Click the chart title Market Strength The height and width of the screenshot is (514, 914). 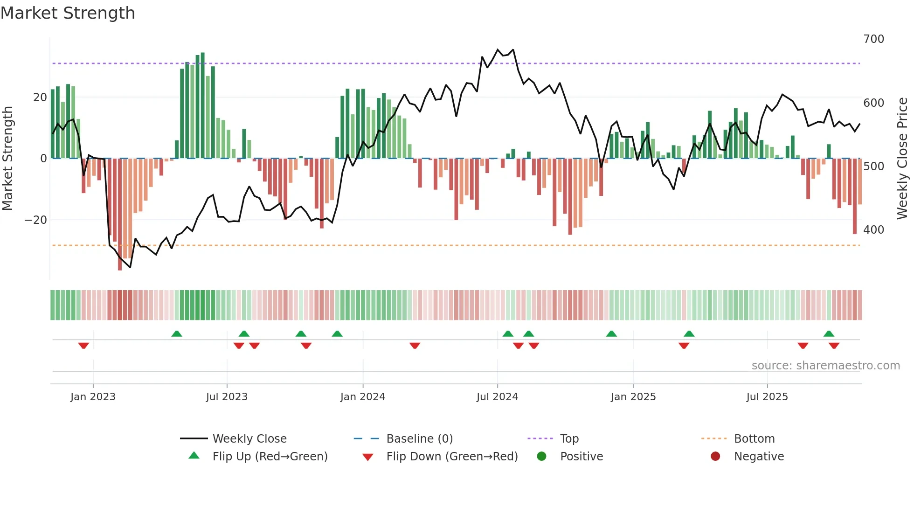[68, 13]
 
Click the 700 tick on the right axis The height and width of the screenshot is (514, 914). [873, 39]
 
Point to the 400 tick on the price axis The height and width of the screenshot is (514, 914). [873, 230]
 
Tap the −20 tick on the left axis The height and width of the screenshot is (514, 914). [36, 220]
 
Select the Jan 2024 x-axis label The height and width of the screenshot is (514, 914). [362, 397]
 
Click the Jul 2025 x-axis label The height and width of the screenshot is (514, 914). [767, 397]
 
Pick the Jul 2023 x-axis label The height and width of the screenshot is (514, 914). [227, 397]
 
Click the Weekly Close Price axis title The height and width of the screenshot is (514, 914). [902, 159]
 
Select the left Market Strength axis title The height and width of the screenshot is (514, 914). [8, 159]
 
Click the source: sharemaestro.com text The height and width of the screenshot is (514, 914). [825, 366]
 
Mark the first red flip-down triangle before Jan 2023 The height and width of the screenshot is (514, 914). [83, 346]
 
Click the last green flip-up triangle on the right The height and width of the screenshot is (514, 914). [829, 333]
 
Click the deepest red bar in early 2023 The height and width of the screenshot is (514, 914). [120, 215]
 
